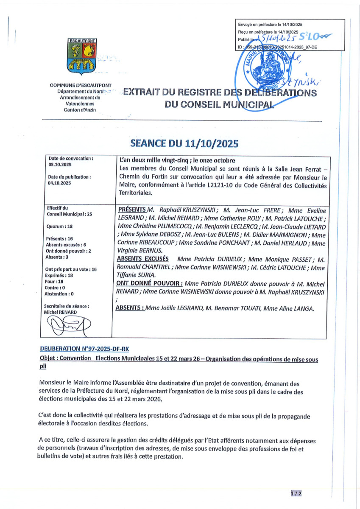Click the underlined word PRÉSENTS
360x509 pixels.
click(131, 210)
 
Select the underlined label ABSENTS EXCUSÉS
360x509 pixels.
click(142, 259)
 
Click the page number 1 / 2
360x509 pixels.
click(296, 493)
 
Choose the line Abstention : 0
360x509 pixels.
click(59, 294)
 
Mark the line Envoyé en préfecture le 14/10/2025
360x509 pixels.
click(270, 25)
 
